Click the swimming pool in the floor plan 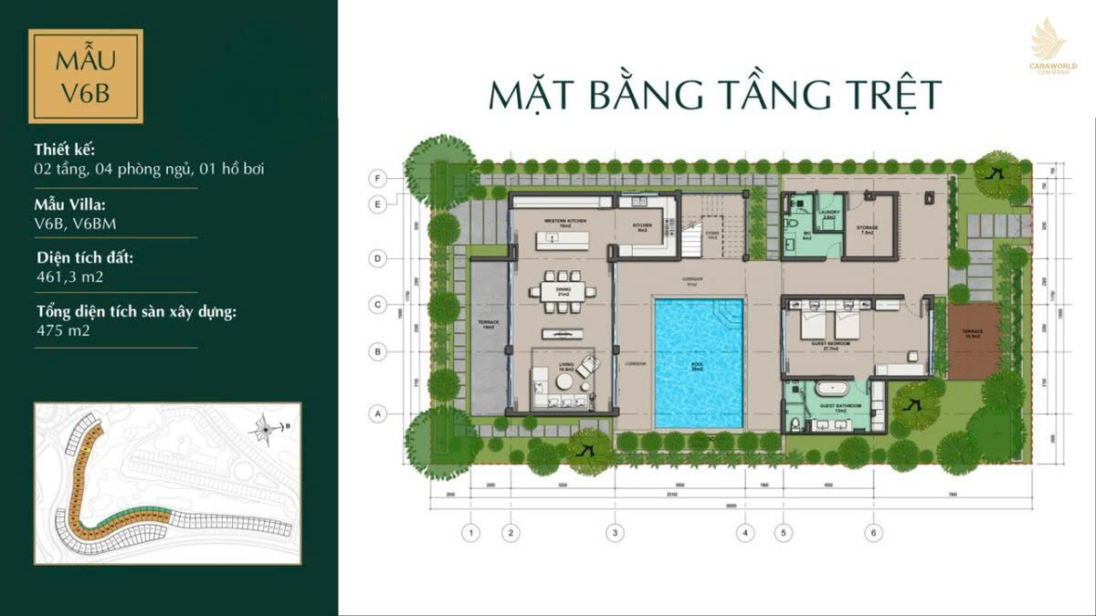[699, 362]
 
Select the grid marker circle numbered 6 [874, 532]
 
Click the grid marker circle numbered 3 [616, 532]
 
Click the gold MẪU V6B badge [85, 76]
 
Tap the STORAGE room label [867, 228]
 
